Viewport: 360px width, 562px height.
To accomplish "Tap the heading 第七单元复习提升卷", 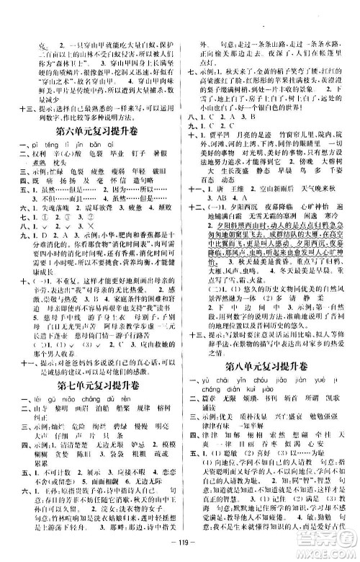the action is (92, 399).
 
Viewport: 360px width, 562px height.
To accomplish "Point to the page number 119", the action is (179, 542).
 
